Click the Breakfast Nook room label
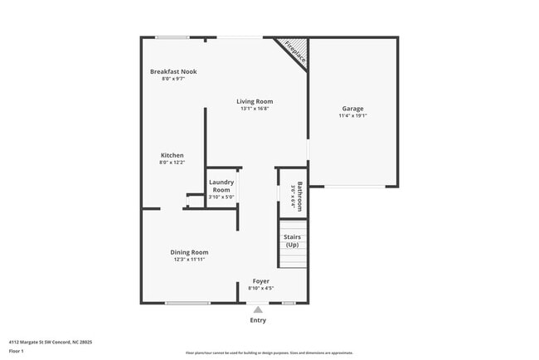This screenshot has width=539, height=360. [172, 71]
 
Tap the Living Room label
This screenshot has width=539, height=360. [255, 101]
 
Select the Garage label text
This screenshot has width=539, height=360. [352, 109]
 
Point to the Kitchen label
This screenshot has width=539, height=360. [172, 155]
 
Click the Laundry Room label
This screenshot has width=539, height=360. [221, 185]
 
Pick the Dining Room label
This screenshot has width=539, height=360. [189, 252]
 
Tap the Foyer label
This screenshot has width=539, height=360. [261, 281]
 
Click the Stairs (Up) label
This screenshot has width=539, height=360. [292, 241]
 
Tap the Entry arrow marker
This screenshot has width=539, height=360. [258, 309]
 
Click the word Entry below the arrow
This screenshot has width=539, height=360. [258, 320]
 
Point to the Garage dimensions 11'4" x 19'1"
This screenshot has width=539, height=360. [352, 116]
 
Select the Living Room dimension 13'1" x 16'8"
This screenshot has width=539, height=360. [255, 109]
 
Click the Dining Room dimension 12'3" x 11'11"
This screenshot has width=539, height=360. [189, 260]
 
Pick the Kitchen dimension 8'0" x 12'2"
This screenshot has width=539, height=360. [172, 163]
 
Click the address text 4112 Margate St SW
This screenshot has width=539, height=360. [51, 342]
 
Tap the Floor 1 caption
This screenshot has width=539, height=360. [17, 352]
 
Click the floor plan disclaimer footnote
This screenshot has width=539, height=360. [269, 353]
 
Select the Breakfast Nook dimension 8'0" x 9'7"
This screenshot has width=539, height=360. [172, 79]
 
